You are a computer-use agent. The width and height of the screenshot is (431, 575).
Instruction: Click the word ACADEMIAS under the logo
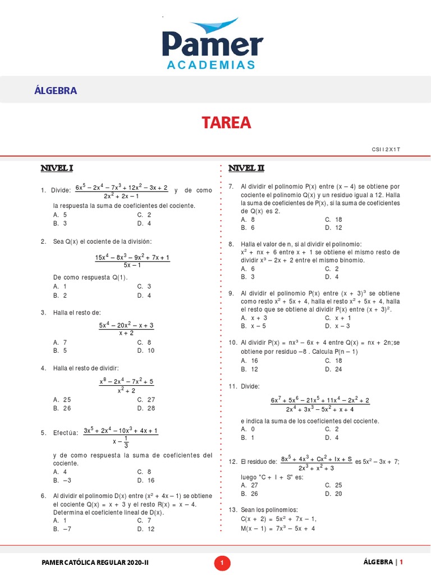[x=210, y=65]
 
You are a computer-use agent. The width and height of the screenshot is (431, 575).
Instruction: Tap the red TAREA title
[x=227, y=123]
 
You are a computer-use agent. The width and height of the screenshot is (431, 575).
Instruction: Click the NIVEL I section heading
[x=57, y=168]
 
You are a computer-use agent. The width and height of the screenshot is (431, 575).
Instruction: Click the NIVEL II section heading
[x=246, y=168]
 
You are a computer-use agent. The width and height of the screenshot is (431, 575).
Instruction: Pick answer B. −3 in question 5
[x=62, y=481]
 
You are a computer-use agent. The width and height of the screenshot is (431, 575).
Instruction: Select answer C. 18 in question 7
[x=333, y=220]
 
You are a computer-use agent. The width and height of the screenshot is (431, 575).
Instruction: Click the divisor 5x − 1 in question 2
[x=132, y=266]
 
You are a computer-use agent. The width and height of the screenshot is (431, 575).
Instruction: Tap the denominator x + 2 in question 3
[x=126, y=334]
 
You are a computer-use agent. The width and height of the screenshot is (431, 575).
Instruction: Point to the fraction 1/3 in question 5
[x=126, y=442]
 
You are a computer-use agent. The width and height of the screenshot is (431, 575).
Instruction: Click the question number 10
[x=232, y=343]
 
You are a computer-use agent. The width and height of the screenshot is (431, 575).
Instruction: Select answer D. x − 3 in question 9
[x=337, y=326]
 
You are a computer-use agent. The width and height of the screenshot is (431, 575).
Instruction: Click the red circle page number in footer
[x=222, y=562]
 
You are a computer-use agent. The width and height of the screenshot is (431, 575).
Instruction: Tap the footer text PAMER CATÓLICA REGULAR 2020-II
[x=95, y=562]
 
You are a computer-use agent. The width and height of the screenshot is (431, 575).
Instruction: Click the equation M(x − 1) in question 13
[x=278, y=528]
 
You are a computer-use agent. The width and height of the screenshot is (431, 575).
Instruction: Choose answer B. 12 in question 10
[x=250, y=369]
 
